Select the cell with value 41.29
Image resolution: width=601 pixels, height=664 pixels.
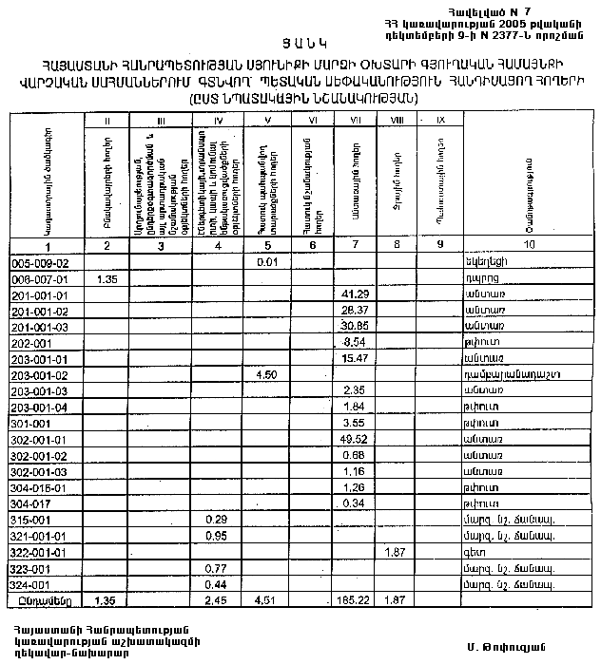tap(353, 295)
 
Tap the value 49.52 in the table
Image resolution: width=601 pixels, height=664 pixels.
tap(353, 440)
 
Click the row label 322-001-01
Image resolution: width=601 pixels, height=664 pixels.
tap(38, 552)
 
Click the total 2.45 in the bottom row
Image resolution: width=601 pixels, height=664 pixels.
tap(216, 601)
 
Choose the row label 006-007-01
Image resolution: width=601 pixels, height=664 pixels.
tap(38, 279)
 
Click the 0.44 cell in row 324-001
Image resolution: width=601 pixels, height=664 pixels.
tap(216, 583)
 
